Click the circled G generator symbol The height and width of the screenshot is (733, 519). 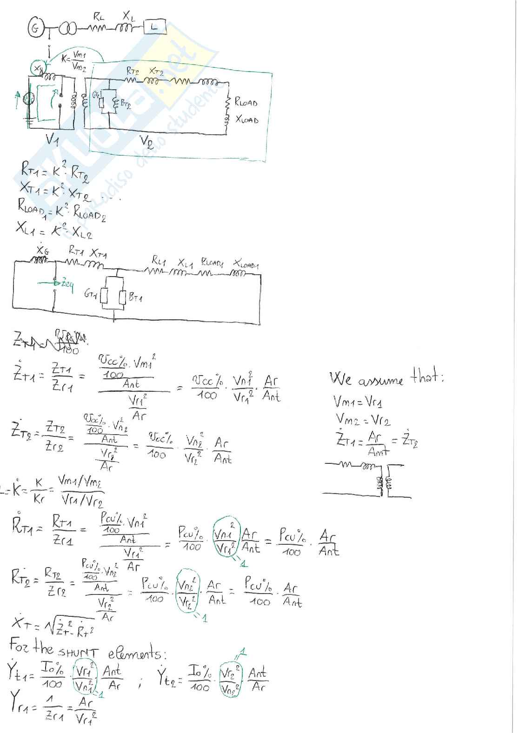35,29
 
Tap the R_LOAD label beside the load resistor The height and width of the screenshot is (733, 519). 246,102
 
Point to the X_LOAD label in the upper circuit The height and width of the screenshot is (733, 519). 246,119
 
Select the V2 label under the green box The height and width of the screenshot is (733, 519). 146,140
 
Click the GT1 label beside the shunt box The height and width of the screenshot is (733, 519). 91,294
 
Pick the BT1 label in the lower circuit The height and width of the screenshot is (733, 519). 135,297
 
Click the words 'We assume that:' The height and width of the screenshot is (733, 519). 386,378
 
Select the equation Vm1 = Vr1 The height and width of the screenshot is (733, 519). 358,401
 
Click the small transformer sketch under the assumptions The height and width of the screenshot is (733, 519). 367,481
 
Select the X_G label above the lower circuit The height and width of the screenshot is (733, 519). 42,251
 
